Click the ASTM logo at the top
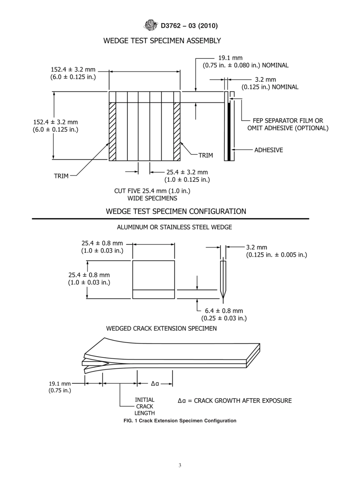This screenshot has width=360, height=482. pos(151,26)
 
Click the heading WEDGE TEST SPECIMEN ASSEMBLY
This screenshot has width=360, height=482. pos(162,41)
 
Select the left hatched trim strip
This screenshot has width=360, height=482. pos(112,131)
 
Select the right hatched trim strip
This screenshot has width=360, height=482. pos(177,131)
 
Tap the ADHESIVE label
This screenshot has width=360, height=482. pos(268,150)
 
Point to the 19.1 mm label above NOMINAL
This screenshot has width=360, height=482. pos(230,58)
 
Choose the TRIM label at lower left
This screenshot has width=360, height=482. pos(61,176)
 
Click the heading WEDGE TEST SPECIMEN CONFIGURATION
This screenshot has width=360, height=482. pos(176,211)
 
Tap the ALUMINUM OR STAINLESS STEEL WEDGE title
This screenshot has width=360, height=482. pos(174,227)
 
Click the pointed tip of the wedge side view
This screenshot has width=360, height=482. pos(223,298)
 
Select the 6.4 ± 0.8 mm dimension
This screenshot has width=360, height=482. pos(224,311)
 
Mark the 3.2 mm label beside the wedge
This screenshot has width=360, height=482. pos(257,247)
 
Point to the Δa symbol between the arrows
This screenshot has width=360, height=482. pos(155,383)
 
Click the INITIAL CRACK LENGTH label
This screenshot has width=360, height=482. pos(144,406)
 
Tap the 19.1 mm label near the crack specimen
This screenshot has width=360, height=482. pos(60,383)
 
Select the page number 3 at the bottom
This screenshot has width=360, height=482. pos(180,466)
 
